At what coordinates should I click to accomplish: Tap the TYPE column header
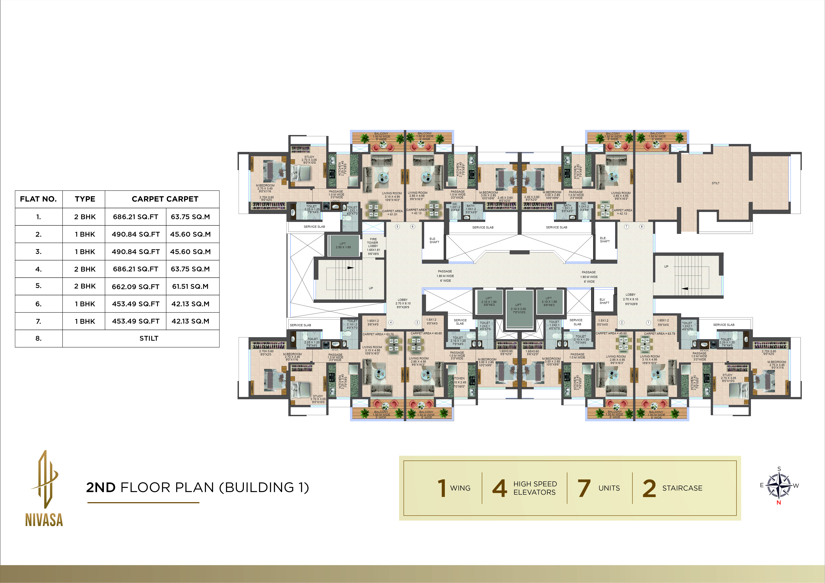pyautogui.click(x=85, y=199)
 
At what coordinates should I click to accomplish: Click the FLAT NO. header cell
pyautogui.click(x=38, y=199)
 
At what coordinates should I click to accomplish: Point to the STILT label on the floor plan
pyautogui.click(x=715, y=183)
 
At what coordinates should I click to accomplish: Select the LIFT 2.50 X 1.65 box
pyautogui.click(x=343, y=246)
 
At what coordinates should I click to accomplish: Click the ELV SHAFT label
pyautogui.click(x=604, y=301)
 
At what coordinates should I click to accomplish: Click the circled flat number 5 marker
pyautogui.click(x=397, y=227)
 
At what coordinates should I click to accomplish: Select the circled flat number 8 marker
pyautogui.click(x=642, y=227)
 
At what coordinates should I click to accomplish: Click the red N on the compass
pyautogui.click(x=779, y=503)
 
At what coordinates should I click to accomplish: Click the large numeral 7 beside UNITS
pyautogui.click(x=584, y=488)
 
